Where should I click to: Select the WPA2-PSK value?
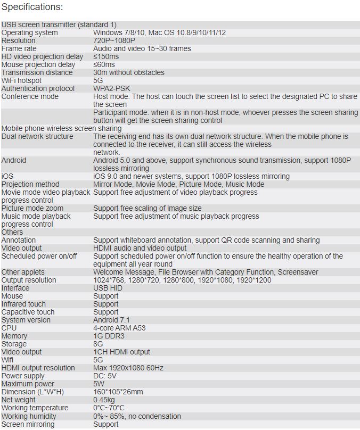111,88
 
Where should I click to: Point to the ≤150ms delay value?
106,56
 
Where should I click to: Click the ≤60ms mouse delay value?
104,64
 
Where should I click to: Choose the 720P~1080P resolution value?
114,40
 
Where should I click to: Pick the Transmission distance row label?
37,72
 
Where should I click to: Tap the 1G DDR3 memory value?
109,336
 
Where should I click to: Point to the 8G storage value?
99,344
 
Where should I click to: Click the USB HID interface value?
108,288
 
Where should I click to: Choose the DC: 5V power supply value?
106,376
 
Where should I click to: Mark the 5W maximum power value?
99,384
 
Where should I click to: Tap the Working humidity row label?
28,416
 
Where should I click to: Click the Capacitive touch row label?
28,312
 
